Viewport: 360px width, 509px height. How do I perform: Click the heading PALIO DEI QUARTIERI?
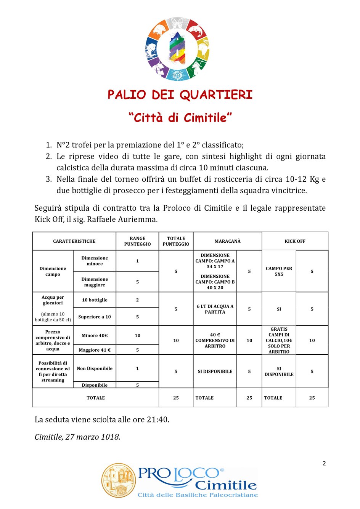[180, 95]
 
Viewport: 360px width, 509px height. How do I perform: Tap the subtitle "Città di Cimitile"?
[180, 117]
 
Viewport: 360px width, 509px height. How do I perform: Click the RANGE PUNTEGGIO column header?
[137, 241]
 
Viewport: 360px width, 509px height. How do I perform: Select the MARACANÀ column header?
[227, 241]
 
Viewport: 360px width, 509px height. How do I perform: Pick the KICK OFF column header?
[295, 241]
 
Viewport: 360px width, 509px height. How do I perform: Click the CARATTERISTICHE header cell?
[74, 241]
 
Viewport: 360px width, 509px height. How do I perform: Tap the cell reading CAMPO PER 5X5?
[279, 271]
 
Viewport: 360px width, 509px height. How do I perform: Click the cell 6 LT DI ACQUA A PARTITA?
[215, 309]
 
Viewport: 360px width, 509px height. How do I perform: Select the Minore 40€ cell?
[95, 336]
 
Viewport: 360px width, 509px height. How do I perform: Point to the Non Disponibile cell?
[95, 368]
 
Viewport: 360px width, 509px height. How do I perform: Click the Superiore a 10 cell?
[95, 317]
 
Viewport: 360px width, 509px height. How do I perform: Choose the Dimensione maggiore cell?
[95, 282]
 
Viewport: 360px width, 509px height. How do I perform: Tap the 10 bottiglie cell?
[95, 300]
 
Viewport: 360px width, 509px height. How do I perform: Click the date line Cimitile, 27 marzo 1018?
[77, 437]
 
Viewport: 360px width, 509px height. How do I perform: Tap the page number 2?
[324, 463]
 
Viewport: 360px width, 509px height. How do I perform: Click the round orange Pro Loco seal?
[118, 480]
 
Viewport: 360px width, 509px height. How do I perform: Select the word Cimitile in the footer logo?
[226, 485]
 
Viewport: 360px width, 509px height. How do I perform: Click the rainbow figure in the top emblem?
[177, 48]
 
